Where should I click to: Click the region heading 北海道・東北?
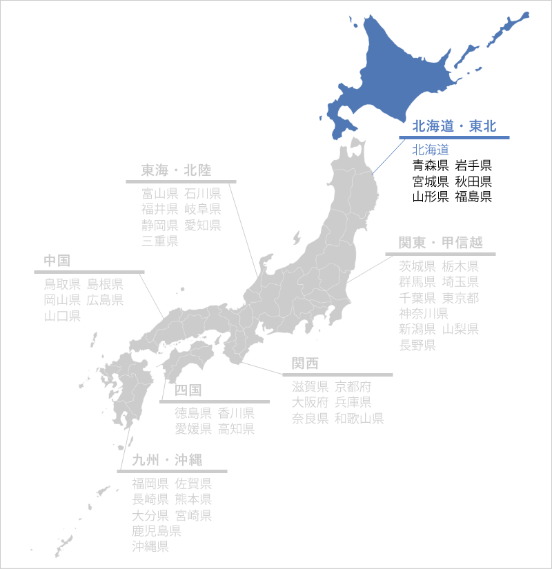tap(454, 126)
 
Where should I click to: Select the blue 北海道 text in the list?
tap(431, 149)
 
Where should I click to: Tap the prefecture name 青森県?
tap(431, 165)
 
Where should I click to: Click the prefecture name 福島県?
tap(473, 197)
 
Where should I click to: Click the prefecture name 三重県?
tap(160, 241)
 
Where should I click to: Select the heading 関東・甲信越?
tap(440, 243)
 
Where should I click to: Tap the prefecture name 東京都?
tap(460, 297)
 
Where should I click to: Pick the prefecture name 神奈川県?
tap(424, 313)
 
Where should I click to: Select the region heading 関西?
tap(305, 364)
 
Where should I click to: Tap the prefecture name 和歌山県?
tap(359, 419)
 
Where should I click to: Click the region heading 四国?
tap(188, 390)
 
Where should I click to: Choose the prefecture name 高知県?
tap(237, 429)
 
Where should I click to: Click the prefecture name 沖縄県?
tap(150, 547)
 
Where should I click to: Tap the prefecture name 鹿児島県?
tap(157, 531)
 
